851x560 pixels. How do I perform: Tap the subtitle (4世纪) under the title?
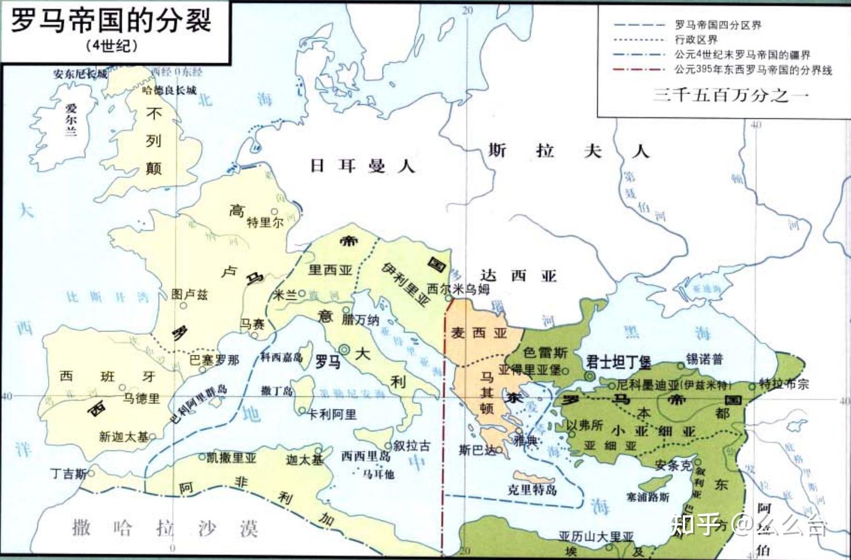click(x=113, y=46)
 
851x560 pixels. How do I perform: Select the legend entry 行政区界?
click(x=695, y=40)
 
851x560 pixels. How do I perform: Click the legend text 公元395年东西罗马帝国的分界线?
click(x=753, y=69)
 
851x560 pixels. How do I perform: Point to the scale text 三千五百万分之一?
click(x=730, y=95)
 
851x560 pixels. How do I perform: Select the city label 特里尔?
click(x=265, y=222)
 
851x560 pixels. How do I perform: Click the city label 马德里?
click(x=141, y=398)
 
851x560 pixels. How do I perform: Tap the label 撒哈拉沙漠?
click(x=165, y=527)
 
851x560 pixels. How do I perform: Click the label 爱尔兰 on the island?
click(x=71, y=119)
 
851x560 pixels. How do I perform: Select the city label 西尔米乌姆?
click(x=458, y=289)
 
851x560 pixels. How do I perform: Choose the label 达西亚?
click(x=518, y=276)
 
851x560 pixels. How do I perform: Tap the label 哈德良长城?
click(x=169, y=90)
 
